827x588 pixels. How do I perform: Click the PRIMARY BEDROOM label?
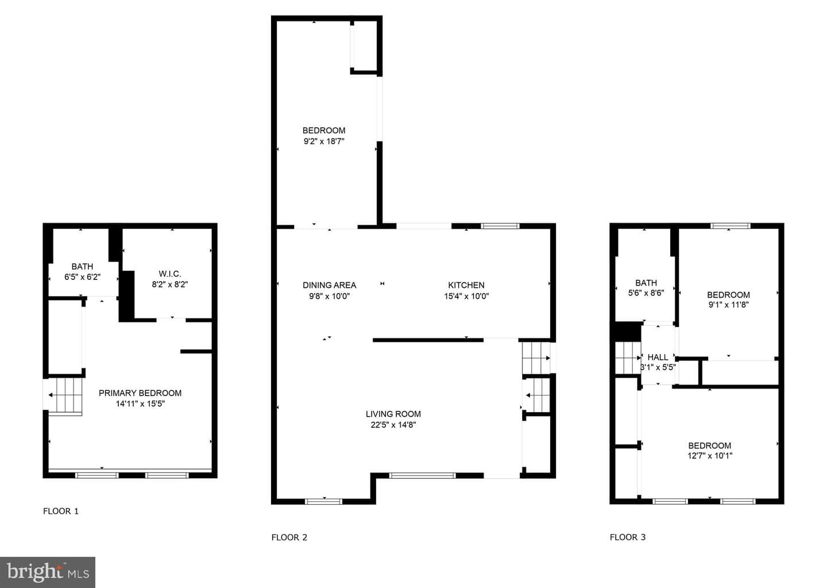(140, 393)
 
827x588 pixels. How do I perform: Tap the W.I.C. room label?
(170, 274)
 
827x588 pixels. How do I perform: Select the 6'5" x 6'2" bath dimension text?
(82, 277)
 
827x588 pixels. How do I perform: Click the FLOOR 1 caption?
(61, 511)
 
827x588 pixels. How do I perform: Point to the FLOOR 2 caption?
(289, 537)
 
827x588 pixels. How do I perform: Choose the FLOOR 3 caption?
(628, 537)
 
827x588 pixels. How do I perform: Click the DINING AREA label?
(329, 285)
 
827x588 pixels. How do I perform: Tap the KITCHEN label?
(466, 285)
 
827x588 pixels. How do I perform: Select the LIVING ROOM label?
(393, 414)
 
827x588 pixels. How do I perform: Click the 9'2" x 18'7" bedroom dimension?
(324, 141)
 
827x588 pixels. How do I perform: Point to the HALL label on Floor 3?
(658, 358)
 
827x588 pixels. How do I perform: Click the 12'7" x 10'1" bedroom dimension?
(710, 456)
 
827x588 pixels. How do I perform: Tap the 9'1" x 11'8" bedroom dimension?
(728, 305)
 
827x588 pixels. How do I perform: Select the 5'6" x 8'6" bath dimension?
(646, 293)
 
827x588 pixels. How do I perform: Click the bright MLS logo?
(48, 572)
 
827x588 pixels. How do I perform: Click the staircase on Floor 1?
(65, 395)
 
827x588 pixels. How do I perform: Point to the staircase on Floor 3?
(628, 358)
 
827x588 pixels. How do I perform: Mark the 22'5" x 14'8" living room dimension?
(393, 425)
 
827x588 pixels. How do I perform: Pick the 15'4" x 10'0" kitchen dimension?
(466, 296)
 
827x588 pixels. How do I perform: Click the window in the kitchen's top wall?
(500, 226)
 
